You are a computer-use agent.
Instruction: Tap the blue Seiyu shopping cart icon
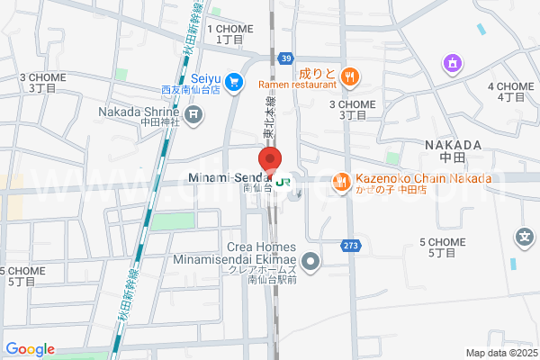pos(233,82)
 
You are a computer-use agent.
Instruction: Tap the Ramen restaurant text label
pos(296,85)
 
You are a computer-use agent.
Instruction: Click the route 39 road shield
pos(285,58)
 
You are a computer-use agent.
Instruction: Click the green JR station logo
pos(283,181)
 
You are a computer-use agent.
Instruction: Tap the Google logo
pos(30,349)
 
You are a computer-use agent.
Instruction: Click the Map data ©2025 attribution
pos(500,353)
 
